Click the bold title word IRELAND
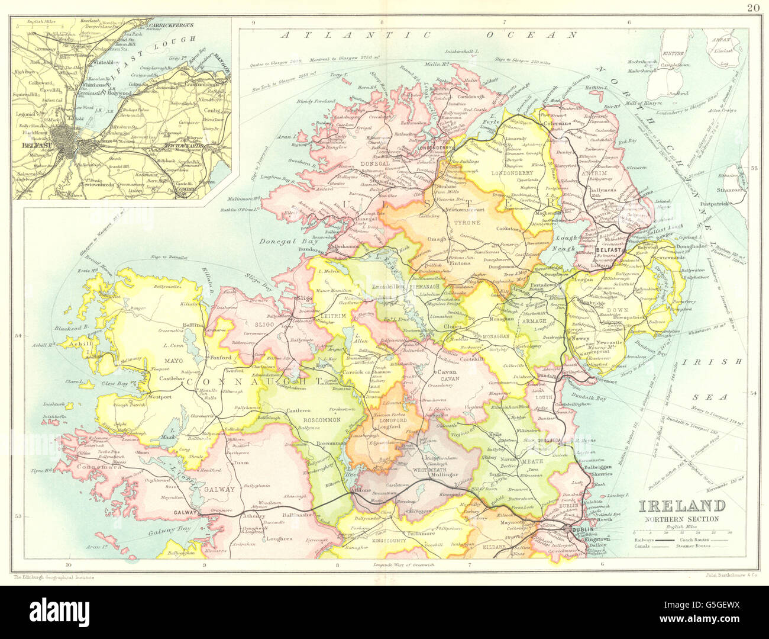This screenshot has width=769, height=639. (x=681, y=506)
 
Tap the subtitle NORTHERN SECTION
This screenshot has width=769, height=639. (x=681, y=519)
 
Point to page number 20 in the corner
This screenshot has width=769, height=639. (x=752, y=8)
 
